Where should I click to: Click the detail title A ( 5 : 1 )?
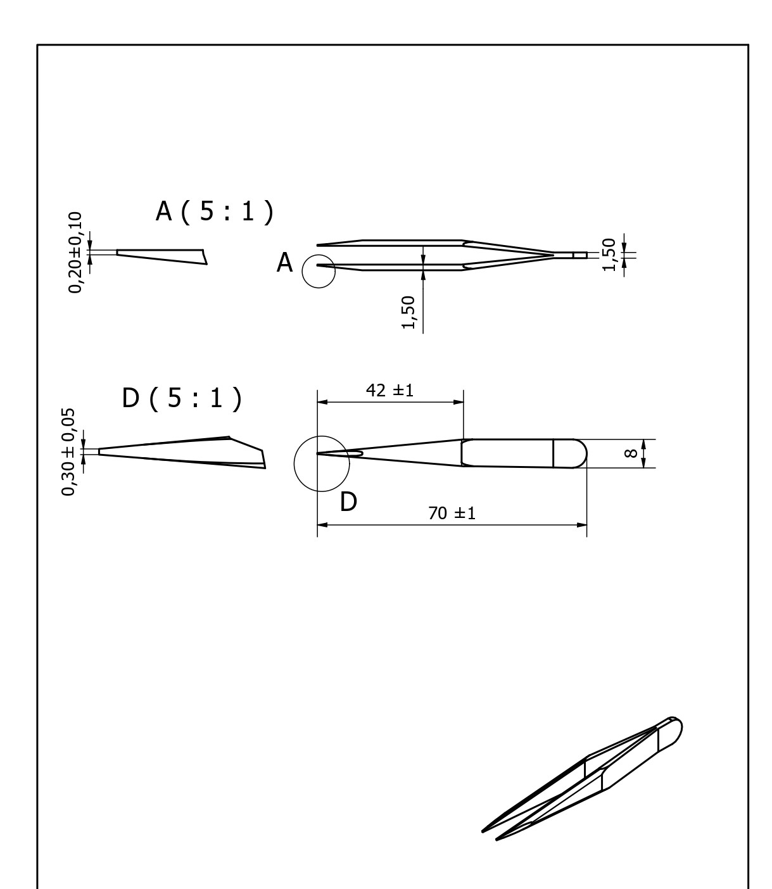pyautogui.click(x=215, y=212)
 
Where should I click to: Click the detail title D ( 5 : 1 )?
pyautogui.click(x=182, y=399)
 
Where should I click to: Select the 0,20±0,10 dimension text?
pyautogui.click(x=75, y=253)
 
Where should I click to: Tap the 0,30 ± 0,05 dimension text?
pyautogui.click(x=68, y=451)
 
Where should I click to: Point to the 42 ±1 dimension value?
pyautogui.click(x=389, y=390)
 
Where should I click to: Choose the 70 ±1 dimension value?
pyautogui.click(x=452, y=513)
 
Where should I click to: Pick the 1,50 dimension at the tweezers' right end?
pyautogui.click(x=609, y=255)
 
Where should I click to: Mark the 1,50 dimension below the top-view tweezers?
pyautogui.click(x=408, y=312)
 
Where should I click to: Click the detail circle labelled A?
pyautogui.click(x=318, y=272)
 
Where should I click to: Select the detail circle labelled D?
pyautogui.click(x=322, y=463)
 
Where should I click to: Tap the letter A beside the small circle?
pyautogui.click(x=285, y=263)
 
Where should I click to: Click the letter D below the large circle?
pyautogui.click(x=348, y=502)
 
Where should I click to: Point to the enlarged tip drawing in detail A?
pyautogui.click(x=162, y=256)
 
